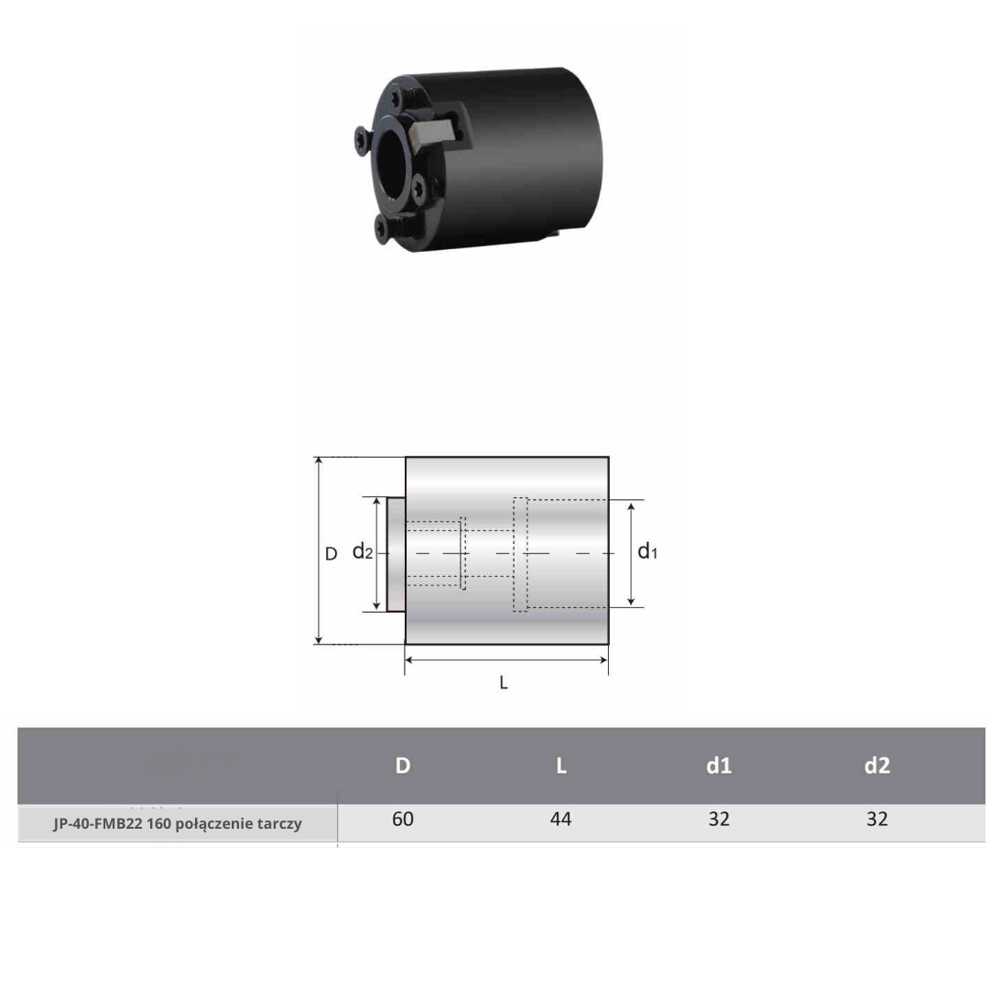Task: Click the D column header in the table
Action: pos(402,765)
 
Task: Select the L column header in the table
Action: pos(560,765)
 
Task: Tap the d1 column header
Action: pos(719,765)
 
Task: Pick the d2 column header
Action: pos(876,765)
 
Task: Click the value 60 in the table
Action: pos(402,819)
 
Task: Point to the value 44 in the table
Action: pos(560,819)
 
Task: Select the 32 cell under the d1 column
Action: pos(719,819)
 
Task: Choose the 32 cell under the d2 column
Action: pos(876,819)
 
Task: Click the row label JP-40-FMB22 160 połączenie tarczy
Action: pos(178,824)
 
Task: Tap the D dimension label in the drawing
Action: pos(331,554)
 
